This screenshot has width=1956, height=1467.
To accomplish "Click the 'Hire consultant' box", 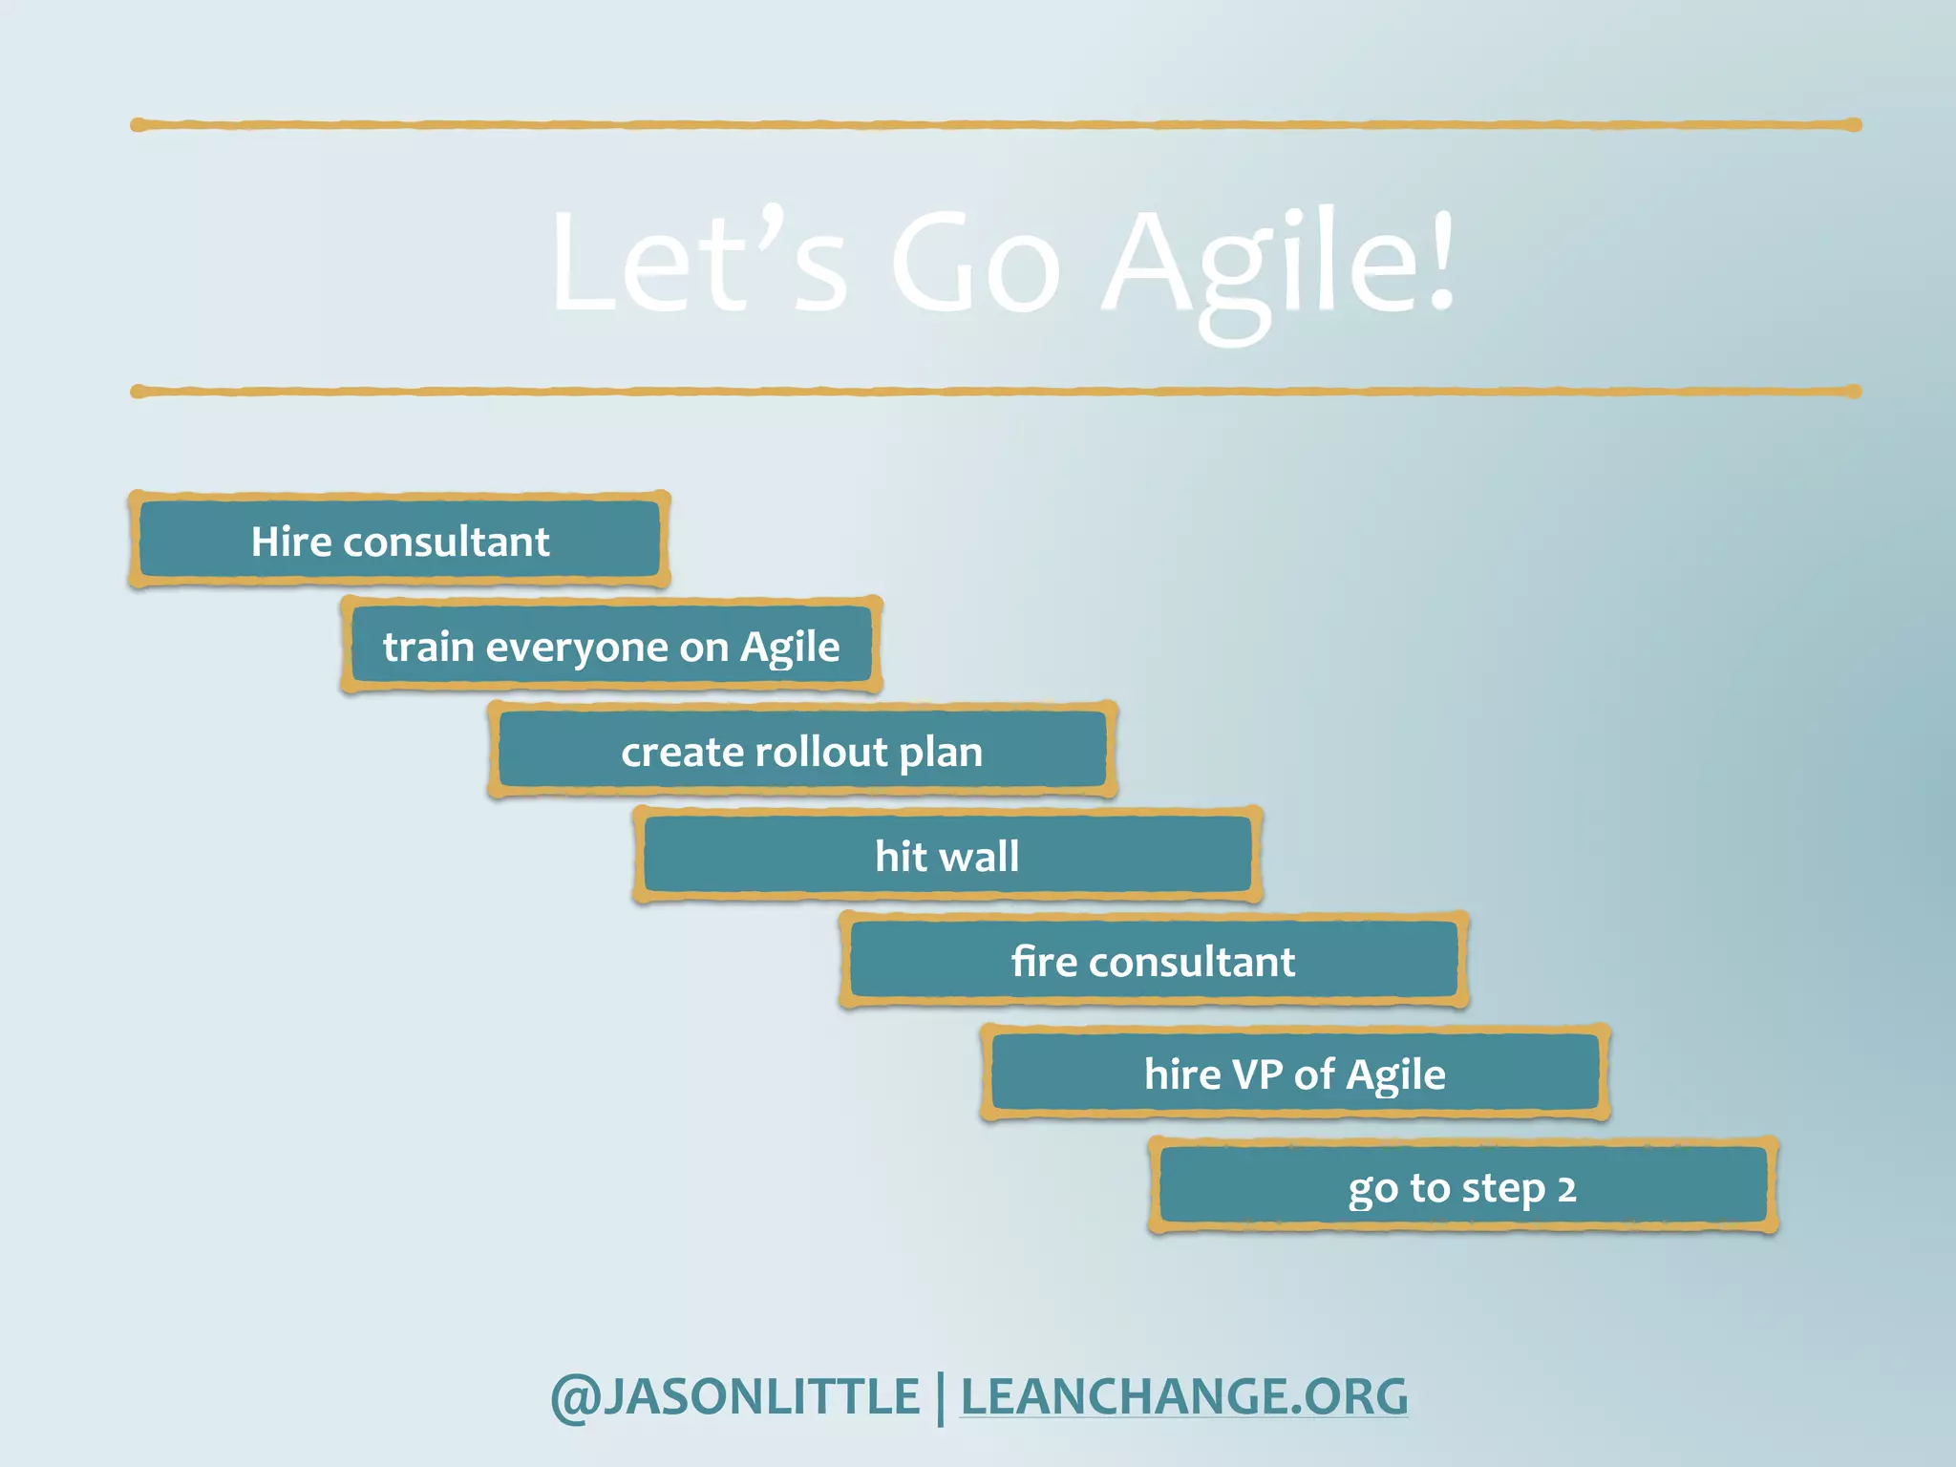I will pyautogui.click(x=399, y=541).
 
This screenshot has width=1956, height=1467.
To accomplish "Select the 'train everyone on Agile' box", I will pyautogui.click(x=611, y=646).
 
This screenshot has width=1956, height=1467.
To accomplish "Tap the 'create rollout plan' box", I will pyautogui.click(x=802, y=751).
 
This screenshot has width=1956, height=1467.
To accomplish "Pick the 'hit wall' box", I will pyautogui.click(x=947, y=856).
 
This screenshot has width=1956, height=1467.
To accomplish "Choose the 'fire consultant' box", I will pyautogui.click(x=1154, y=961).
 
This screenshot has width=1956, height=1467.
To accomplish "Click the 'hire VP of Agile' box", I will pyautogui.click(x=1295, y=1074).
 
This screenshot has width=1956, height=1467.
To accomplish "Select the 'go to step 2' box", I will pyautogui.click(x=1462, y=1187).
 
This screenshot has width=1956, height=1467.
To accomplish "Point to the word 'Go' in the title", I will pyautogui.click(x=975, y=263).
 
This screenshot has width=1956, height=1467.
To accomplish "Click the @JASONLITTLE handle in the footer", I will pyautogui.click(x=734, y=1396).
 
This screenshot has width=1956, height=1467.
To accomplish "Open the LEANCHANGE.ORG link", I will pyautogui.click(x=1183, y=1396).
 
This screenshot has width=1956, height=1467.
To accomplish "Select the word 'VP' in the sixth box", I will pyautogui.click(x=1258, y=1074).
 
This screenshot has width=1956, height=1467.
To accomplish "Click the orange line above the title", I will pyautogui.click(x=995, y=125).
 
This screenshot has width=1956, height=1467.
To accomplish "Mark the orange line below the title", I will pyautogui.click(x=995, y=392).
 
